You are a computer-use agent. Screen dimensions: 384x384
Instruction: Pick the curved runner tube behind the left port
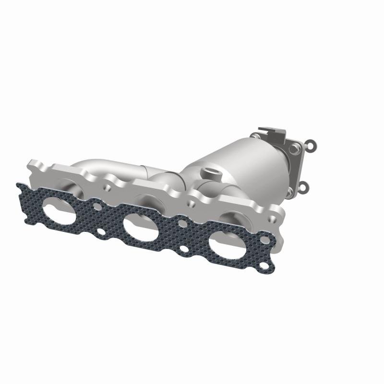pyautogui.click(x=91, y=168)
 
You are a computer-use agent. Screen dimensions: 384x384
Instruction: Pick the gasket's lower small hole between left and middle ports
pyautogui.click(x=101, y=232)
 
